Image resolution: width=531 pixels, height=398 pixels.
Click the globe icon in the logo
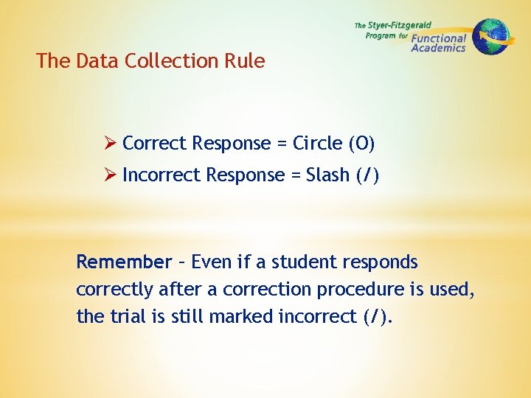490,36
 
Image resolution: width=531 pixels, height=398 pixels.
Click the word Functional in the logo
439,38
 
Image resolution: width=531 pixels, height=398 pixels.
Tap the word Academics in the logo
438,49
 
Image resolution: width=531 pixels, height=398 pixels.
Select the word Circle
317,143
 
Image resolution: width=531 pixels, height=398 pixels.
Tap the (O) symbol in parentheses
361,143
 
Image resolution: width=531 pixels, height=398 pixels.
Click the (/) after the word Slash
366,175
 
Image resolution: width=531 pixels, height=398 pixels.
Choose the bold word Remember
123,262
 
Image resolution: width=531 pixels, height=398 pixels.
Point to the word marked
242,317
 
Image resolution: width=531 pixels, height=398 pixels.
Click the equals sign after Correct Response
281,144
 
